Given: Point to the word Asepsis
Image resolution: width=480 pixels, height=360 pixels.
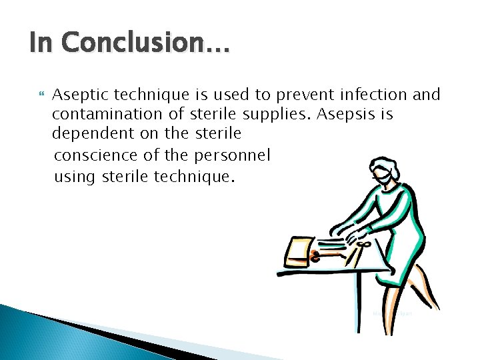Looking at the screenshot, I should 345,114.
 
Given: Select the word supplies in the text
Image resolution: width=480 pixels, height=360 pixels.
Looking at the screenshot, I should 269,114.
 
